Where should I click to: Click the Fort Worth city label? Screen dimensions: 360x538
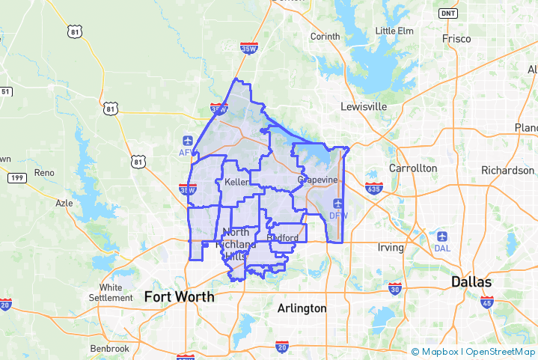click(x=179, y=296)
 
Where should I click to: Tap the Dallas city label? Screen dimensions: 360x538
click(x=471, y=282)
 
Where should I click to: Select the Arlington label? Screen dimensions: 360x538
click(x=302, y=308)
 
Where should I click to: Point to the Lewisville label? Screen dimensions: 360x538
click(x=364, y=106)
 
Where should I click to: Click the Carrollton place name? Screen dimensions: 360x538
click(x=413, y=168)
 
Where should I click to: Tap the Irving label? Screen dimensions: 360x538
click(x=390, y=248)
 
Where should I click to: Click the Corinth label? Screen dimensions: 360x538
click(x=325, y=36)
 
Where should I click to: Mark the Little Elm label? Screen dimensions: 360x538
click(x=394, y=31)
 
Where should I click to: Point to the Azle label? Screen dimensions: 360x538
click(x=65, y=203)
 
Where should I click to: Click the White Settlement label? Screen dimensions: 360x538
click(x=111, y=293)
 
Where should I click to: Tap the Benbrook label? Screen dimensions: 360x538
click(x=109, y=349)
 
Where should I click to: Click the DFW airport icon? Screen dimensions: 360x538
click(x=338, y=204)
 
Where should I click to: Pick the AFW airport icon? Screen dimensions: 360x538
click(x=186, y=141)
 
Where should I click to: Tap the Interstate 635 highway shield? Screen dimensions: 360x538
click(x=374, y=186)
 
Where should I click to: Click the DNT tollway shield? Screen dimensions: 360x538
click(x=448, y=13)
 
